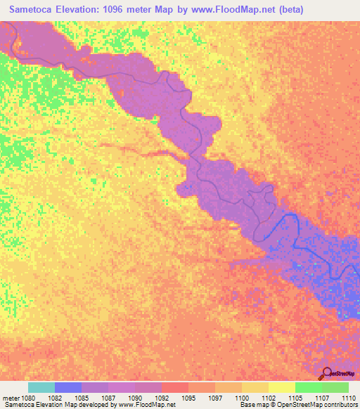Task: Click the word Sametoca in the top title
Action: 33,9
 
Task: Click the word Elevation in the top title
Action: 85,9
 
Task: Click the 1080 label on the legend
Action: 29,398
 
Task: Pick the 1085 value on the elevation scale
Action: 82,398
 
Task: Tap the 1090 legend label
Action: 135,398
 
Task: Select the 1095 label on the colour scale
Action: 188,398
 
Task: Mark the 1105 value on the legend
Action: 295,398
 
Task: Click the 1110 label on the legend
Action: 348,398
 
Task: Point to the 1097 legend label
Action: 215,398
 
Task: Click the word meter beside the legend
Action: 11,398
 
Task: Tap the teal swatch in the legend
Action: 41,387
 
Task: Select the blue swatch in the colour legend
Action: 68,387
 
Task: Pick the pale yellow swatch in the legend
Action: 281,387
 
